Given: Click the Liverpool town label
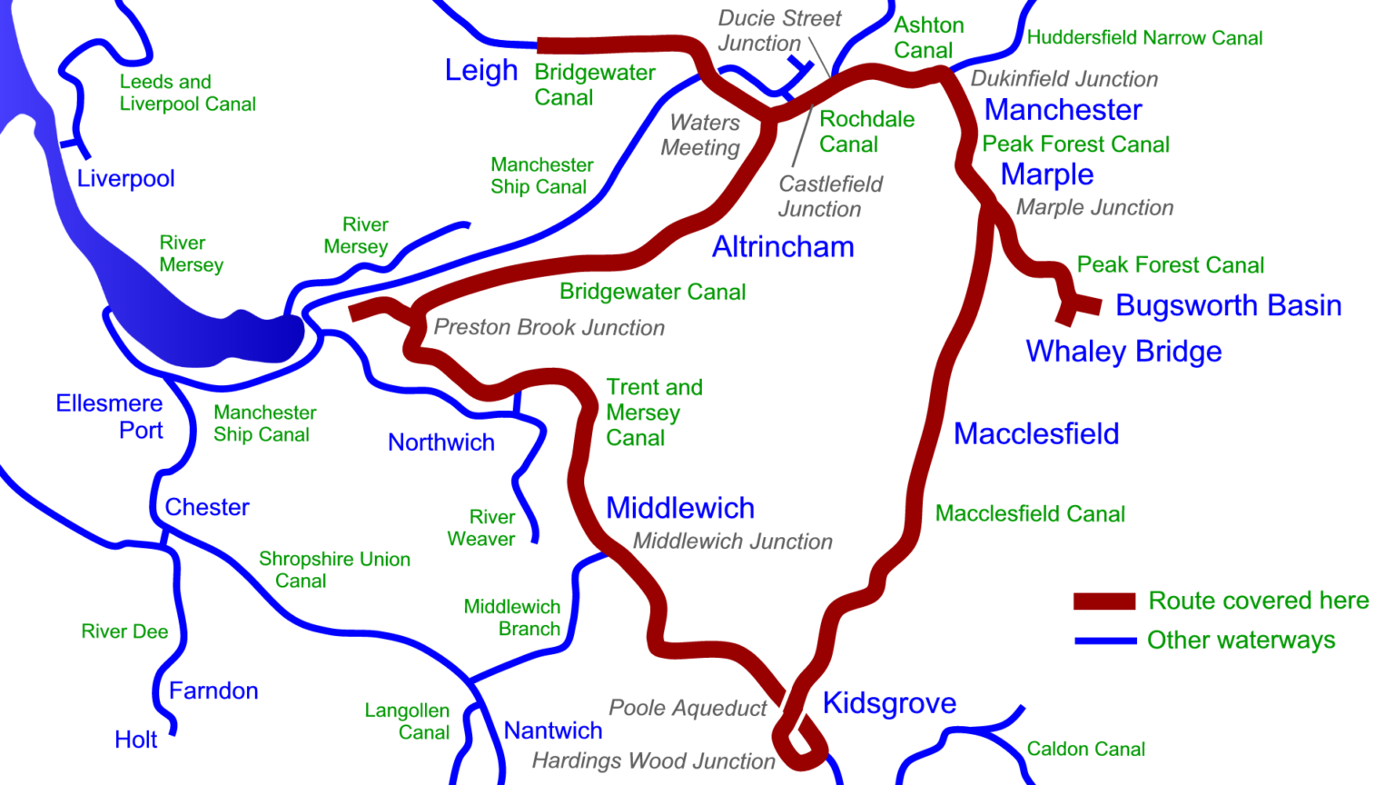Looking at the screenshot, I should (125, 178).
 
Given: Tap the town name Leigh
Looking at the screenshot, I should (480, 71).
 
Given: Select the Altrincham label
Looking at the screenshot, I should (782, 247).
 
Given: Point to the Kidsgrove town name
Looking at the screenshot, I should (888, 703).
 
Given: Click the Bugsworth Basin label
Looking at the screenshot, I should (1228, 305).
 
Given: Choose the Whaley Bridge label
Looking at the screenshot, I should (1123, 352).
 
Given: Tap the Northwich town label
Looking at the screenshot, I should (440, 442).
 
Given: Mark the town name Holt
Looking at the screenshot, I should (135, 740).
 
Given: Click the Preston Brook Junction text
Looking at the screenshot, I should (549, 328).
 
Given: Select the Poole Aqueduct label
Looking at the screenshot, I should (688, 708).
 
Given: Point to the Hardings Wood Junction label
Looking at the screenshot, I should (653, 761).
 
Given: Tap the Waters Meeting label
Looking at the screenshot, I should (700, 135).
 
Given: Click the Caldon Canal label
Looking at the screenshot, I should (1085, 750).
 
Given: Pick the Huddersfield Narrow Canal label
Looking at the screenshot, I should (1144, 38).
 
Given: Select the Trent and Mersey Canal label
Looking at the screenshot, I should (653, 412).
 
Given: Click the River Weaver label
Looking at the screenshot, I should (481, 528).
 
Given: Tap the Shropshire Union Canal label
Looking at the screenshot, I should (333, 570).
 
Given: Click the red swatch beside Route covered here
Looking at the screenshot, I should (1103, 601).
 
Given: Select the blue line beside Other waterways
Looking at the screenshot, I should (1104, 641).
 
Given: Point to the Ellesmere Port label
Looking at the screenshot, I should (110, 416).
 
